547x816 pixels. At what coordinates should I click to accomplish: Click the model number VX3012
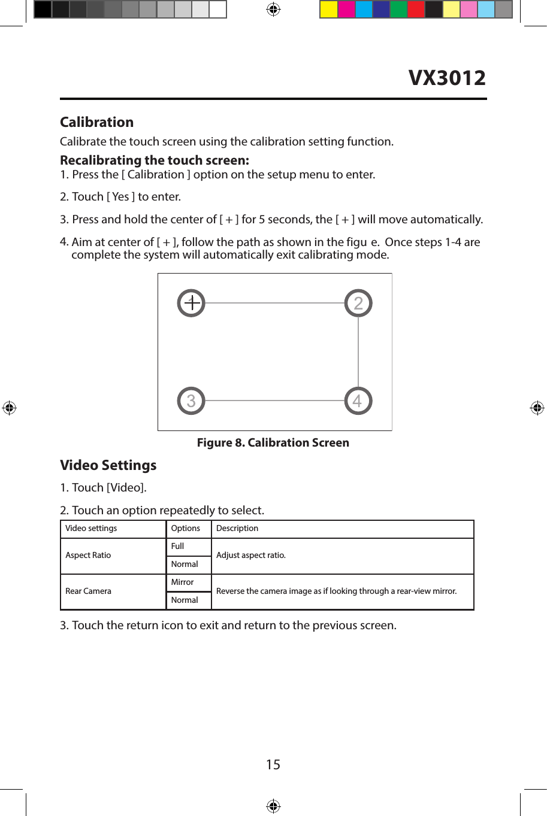pos(447,78)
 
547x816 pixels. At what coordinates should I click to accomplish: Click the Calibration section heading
pos(96,122)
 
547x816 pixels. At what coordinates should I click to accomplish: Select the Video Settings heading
pos(108,465)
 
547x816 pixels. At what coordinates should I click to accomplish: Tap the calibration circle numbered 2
pos(358,304)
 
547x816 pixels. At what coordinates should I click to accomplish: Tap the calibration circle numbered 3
pos(191,401)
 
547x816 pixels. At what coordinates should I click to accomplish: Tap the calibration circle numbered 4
pos(358,401)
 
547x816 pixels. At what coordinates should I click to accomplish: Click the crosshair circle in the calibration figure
pos(191,304)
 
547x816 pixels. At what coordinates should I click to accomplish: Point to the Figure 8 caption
pos(273,442)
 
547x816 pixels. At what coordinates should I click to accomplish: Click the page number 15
pos(273,765)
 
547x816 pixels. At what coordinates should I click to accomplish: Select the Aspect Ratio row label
pos(88,556)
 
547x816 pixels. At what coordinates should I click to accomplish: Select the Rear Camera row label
pos(88,591)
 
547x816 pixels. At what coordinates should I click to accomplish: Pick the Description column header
pos(237,529)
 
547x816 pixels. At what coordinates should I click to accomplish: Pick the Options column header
pos(186,529)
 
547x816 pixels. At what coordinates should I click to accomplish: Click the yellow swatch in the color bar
pos(328,10)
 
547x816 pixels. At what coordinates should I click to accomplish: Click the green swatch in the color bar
pos(398,10)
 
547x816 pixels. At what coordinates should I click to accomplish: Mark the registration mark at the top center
pos(273,10)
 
